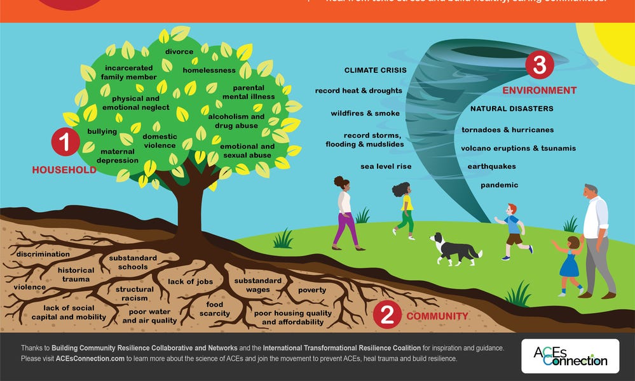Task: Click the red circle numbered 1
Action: pyautogui.click(x=65, y=144)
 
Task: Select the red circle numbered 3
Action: pyautogui.click(x=540, y=65)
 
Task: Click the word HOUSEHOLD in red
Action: pyautogui.click(x=64, y=170)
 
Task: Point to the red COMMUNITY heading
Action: pyautogui.click(x=437, y=316)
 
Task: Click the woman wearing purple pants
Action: pyautogui.click(x=345, y=213)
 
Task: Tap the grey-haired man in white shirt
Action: pyautogui.click(x=596, y=238)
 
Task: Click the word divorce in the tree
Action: pyautogui.click(x=179, y=51)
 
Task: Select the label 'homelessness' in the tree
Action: pyautogui.click(x=209, y=70)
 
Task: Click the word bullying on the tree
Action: pyautogui.click(x=102, y=131)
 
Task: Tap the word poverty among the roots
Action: pyautogui.click(x=312, y=290)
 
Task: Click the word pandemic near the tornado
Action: pyautogui.click(x=499, y=185)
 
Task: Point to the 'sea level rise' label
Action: pyautogui.click(x=386, y=166)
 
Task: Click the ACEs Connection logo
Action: pyautogui.click(x=570, y=356)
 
